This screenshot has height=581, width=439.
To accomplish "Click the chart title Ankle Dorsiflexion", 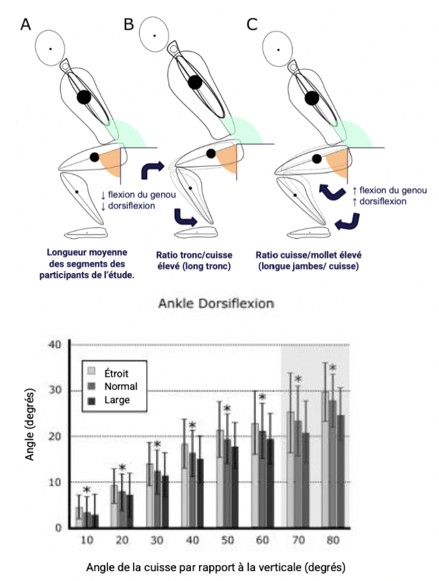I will click(x=217, y=304).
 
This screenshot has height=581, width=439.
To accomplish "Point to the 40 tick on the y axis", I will click(x=54, y=344).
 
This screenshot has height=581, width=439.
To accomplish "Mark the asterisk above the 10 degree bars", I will click(x=86, y=490).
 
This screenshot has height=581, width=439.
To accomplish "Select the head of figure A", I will click(x=50, y=48).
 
